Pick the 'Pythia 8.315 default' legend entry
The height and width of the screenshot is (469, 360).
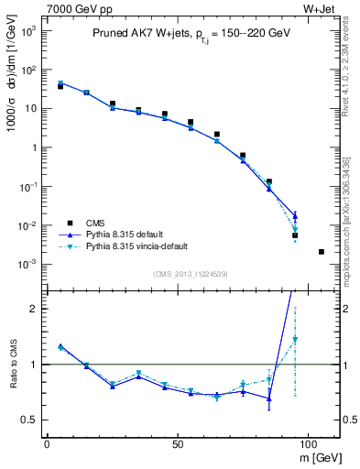[x=129, y=234]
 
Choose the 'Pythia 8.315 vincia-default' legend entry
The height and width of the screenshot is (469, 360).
[x=143, y=246]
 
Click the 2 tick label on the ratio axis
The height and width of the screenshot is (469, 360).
[x=34, y=309]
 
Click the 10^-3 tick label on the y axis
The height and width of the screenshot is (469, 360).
[x=27, y=265]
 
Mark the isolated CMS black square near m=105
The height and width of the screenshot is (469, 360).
[x=321, y=252]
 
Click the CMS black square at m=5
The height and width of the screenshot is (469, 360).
[x=60, y=86]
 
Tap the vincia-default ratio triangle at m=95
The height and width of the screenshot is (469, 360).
[x=295, y=340]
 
